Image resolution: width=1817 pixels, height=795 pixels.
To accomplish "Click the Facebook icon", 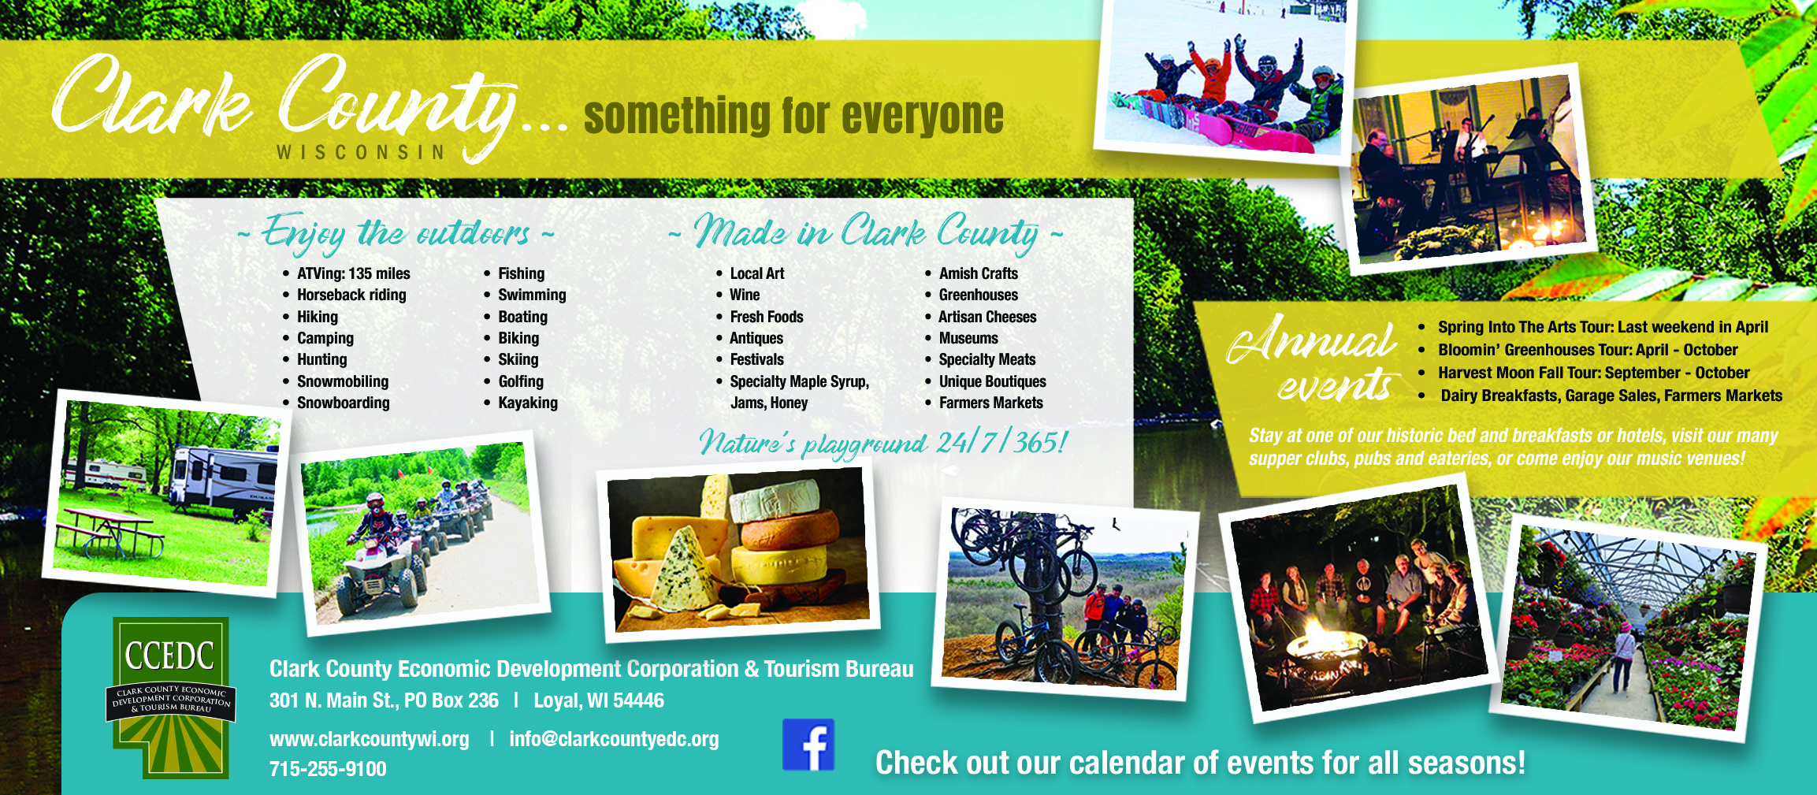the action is pos(808,745).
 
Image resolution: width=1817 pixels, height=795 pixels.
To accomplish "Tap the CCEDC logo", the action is pos(171,698).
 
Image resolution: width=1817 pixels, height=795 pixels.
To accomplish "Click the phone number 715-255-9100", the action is pos(328,769).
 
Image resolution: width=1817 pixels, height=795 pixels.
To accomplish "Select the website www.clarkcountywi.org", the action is pos(370,739).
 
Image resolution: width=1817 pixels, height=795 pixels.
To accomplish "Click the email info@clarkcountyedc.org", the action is pos(614,739).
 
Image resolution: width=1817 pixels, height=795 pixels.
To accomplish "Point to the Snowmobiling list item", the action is pos(343,381).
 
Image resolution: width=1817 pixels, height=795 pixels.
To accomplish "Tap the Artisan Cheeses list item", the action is pos(987,317).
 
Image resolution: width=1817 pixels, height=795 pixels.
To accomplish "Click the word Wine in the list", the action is pos(745,295).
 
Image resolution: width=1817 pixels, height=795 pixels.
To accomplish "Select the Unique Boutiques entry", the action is pos(993,381).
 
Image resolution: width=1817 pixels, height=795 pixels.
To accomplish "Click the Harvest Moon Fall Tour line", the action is pos(1593,373).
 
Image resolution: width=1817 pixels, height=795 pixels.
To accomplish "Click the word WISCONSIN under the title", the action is pos(361,152).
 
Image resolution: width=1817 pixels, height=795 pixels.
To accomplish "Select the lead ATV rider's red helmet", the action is pos(376,503).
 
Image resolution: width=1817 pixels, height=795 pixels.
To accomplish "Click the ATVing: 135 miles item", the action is pos(354,273).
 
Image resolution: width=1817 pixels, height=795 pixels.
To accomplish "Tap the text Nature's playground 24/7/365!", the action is pos(883,443).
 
